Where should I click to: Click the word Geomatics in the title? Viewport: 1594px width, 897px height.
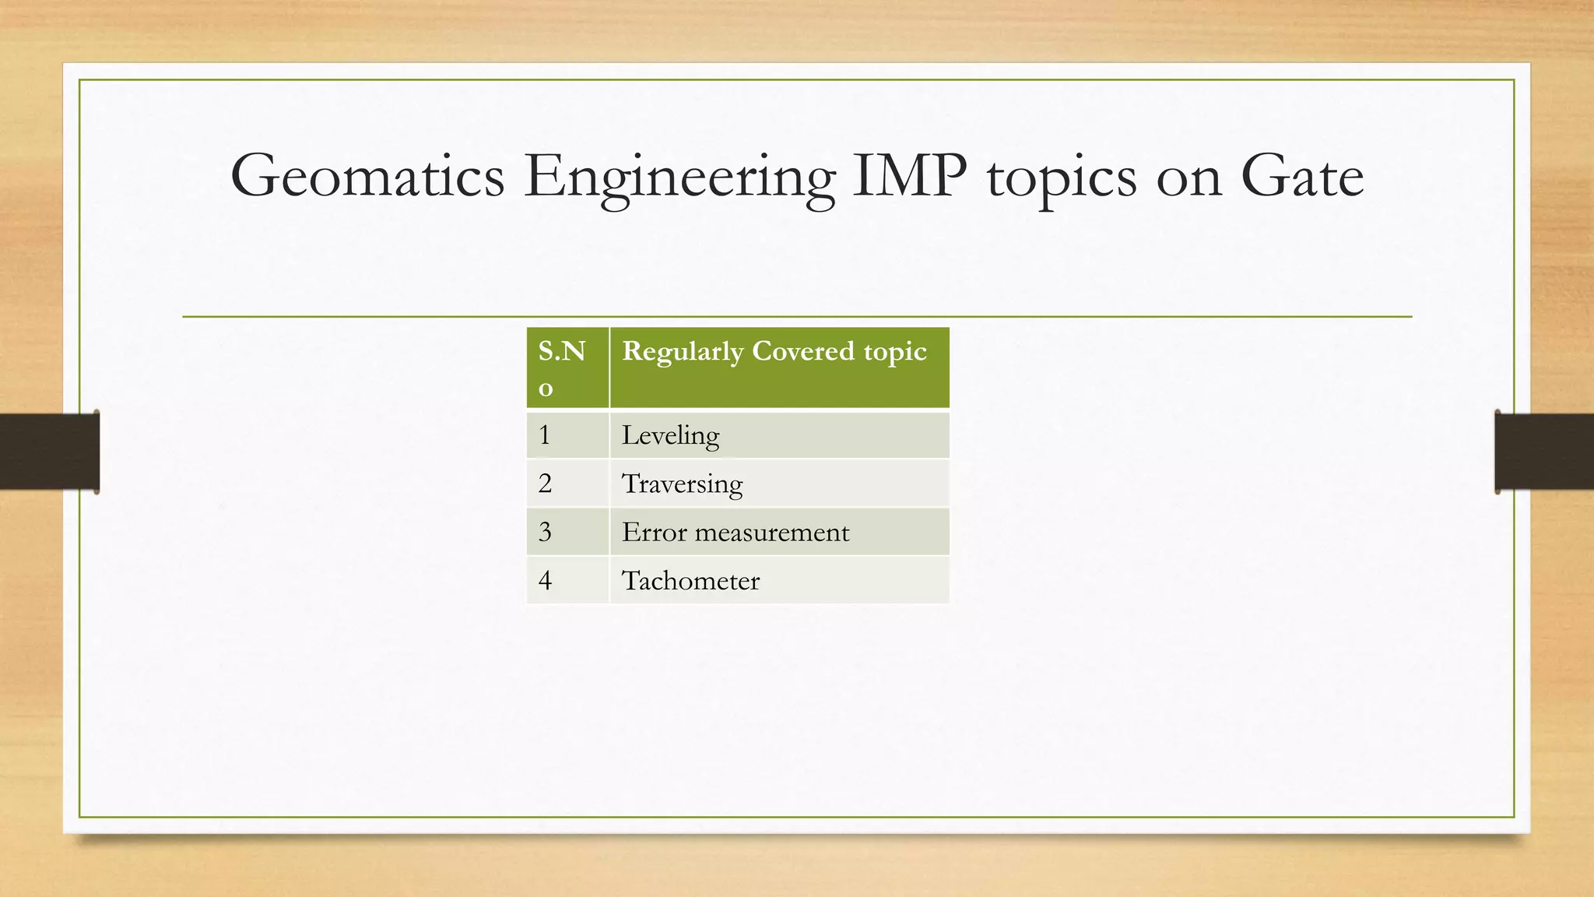367,177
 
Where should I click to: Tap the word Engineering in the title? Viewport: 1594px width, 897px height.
679,177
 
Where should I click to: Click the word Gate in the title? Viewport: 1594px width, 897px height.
1301,177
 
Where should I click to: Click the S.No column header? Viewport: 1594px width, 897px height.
567,368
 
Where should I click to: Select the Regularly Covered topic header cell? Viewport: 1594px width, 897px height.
779,368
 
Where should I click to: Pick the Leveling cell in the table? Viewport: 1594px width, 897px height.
779,435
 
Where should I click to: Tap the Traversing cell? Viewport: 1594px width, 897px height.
779,484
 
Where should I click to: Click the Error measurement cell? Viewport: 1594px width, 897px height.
779,532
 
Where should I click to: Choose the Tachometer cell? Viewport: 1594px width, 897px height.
779,580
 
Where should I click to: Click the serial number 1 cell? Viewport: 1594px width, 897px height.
567,435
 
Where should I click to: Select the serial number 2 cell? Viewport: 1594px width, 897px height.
567,484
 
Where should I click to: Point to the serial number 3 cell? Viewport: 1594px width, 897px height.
567,532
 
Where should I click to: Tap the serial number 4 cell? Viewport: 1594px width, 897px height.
567,580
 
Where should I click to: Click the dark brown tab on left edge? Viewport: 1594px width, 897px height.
48,452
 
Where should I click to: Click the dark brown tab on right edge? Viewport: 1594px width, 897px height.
1544,452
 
